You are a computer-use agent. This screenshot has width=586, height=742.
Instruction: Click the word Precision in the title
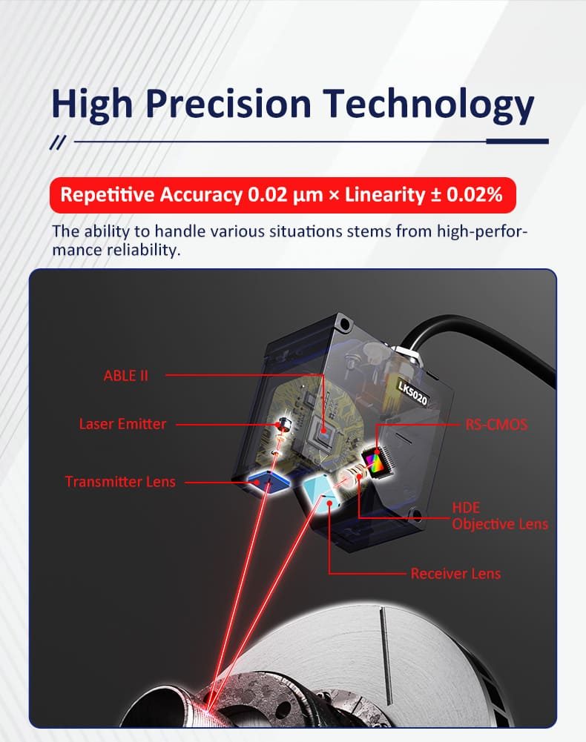coord(228,103)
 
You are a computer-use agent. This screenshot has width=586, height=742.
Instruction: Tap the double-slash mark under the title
coord(58,142)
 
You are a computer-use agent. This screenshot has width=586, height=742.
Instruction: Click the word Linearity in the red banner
coord(385,195)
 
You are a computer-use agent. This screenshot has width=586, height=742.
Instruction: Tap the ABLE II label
coord(125,376)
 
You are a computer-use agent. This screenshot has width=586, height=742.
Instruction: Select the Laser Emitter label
coord(122,424)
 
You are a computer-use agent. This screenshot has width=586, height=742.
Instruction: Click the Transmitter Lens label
coord(120,482)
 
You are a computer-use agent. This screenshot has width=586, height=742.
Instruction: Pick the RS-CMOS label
coord(496,425)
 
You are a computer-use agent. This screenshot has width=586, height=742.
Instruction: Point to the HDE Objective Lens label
coord(500,516)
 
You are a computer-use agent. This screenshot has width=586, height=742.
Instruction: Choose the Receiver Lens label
coord(455,574)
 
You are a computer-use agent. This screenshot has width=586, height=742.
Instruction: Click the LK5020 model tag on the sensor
coord(413,394)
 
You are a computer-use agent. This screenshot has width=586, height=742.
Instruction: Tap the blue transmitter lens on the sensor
coord(269,482)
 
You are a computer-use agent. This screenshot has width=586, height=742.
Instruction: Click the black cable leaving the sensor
coord(474,335)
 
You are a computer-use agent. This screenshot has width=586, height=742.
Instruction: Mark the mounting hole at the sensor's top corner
coord(345,324)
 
